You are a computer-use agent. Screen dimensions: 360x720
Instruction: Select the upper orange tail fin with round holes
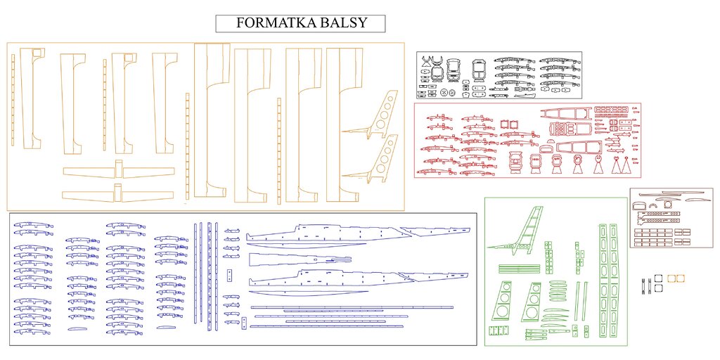(380, 117)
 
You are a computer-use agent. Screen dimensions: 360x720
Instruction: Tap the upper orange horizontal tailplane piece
(118, 171)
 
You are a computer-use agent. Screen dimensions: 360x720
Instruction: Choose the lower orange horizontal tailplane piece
(118, 194)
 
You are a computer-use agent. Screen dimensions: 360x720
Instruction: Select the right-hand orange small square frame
(680, 278)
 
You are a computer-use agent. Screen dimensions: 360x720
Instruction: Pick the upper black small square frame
(659, 278)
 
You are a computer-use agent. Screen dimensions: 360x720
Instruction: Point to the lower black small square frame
(659, 288)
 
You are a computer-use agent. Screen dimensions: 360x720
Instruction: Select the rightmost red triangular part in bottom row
(624, 166)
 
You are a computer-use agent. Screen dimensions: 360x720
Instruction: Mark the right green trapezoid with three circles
(532, 302)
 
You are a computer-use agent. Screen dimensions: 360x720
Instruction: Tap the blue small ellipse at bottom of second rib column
(78, 328)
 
